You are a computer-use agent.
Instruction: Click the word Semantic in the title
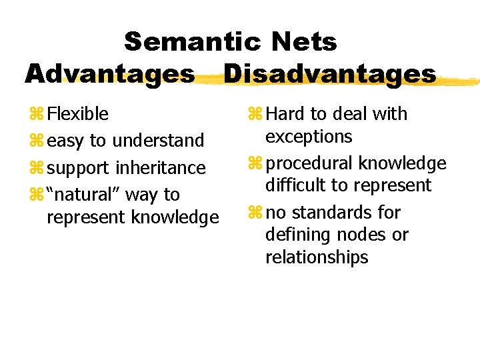(190, 42)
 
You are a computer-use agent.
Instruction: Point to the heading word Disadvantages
(329, 73)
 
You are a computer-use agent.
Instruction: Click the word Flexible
(78, 114)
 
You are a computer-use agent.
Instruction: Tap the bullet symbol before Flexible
(35, 115)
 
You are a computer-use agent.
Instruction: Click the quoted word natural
(85, 194)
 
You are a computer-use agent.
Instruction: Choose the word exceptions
(308, 137)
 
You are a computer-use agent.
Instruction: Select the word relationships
(317, 257)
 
